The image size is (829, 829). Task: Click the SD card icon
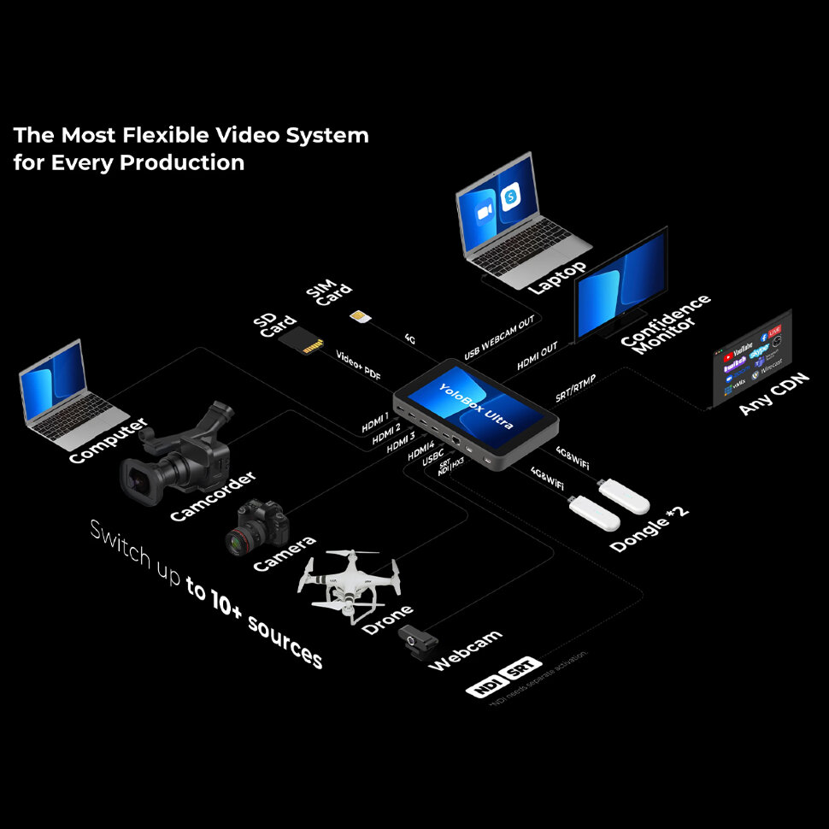tap(307, 340)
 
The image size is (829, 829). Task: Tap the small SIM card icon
tap(360, 317)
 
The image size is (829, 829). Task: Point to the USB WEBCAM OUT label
tap(500, 338)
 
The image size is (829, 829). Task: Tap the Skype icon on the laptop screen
tap(511, 194)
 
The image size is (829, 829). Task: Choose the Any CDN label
tap(773, 394)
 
